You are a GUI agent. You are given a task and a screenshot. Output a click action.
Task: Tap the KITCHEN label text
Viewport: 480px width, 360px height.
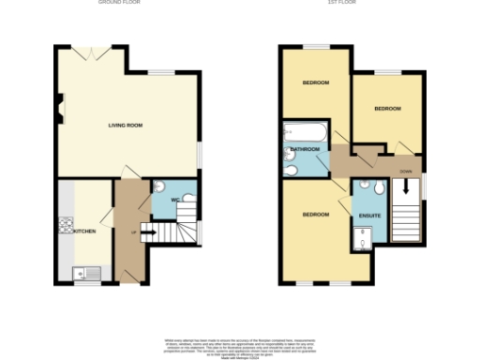(84, 231)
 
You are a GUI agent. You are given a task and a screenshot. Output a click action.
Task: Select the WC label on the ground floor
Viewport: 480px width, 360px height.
(174, 200)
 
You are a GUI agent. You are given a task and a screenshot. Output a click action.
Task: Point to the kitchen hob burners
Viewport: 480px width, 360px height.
(67, 224)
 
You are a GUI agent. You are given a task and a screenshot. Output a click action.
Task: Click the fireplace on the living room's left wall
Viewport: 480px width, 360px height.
(59, 113)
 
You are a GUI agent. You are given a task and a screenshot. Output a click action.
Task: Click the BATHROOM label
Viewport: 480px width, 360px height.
(305, 149)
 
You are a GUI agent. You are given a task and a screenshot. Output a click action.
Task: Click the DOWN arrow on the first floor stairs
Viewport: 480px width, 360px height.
(406, 187)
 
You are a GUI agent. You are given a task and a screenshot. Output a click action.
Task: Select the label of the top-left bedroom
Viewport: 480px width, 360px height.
(315, 82)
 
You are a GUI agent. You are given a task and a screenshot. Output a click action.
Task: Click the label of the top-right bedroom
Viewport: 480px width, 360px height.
(387, 109)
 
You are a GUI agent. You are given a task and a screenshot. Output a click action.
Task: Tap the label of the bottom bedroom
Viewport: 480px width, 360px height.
(315, 215)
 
